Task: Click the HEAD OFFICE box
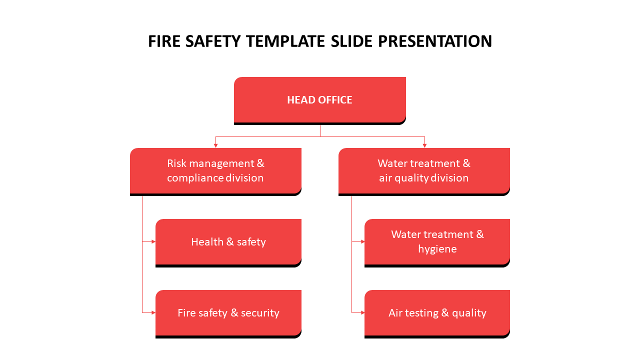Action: (319, 100)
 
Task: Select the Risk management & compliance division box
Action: (215, 170)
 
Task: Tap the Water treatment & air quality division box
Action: (424, 170)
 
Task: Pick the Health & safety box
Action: (228, 242)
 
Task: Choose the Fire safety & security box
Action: (228, 313)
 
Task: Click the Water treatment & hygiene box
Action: (437, 241)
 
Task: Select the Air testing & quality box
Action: (437, 313)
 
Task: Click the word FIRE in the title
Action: (164, 41)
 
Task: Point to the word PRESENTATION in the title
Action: (435, 41)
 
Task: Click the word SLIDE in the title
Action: (352, 41)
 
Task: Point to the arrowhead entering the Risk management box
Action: (215, 145)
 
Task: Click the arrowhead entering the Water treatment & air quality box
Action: (424, 145)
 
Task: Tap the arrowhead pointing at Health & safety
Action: (153, 241)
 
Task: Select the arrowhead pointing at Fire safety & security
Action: (153, 312)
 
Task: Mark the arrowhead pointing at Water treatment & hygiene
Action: (362, 241)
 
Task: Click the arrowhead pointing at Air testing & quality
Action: (362, 312)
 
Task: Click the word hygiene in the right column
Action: (437, 249)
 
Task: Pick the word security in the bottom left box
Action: (260, 313)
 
